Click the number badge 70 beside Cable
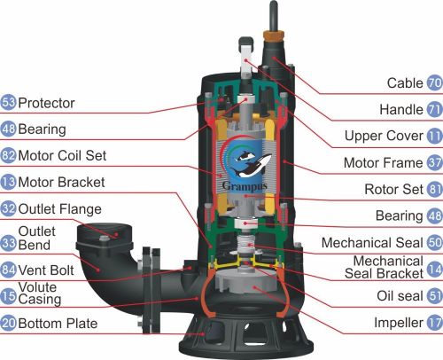435,83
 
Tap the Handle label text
401,110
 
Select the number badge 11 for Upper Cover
435,136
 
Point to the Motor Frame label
384,163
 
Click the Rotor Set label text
393,190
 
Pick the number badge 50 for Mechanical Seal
435,243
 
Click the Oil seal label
400,296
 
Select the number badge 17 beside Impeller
435,323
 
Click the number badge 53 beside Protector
8,103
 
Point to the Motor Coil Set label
62,155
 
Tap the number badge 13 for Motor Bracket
8,182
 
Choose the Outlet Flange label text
60,209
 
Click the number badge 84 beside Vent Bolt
8,270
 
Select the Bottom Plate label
58,323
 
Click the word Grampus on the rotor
245,186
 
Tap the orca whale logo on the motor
251,164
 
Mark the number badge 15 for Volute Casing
8,296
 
